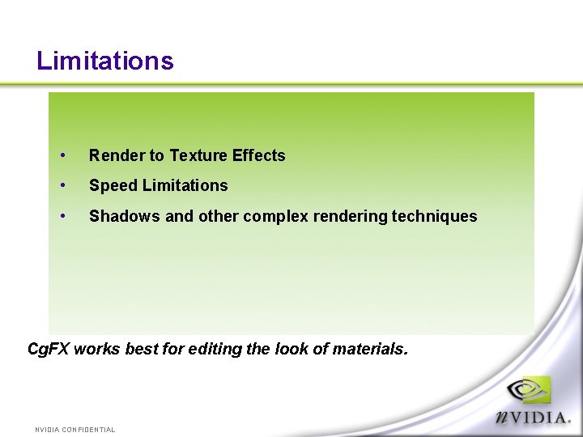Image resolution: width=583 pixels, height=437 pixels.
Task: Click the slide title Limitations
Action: [105, 61]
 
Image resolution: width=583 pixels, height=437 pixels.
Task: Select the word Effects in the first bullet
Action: [259, 155]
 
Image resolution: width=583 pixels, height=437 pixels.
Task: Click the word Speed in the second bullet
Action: [113, 186]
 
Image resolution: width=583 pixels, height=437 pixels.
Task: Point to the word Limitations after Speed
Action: [185, 185]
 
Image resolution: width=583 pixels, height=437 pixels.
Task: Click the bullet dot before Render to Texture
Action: [62, 155]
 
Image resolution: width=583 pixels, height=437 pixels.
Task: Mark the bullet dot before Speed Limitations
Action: [62, 185]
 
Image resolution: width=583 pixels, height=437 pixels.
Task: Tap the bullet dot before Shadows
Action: [62, 216]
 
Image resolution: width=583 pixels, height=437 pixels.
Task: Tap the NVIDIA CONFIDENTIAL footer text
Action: [74, 430]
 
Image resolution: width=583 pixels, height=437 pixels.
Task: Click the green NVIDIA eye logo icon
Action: [528, 391]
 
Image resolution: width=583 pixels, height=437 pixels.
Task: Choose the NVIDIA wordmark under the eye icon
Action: [534, 418]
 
